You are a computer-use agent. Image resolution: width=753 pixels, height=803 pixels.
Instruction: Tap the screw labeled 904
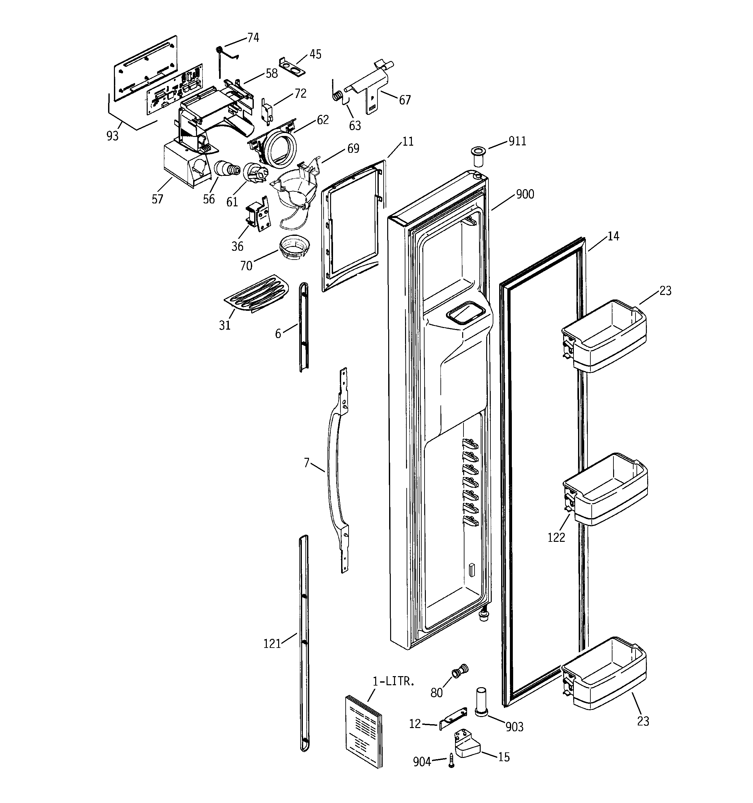click(451, 761)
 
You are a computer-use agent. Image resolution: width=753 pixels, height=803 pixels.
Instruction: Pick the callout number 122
click(556, 537)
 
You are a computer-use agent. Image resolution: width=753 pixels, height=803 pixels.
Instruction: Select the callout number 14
click(613, 236)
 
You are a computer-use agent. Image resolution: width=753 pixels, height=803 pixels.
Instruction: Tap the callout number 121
click(272, 644)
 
